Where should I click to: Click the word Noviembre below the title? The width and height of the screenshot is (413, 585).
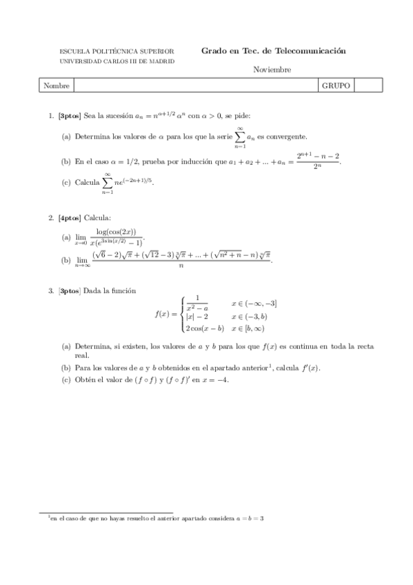point(272,70)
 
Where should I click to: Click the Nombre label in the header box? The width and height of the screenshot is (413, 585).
point(56,86)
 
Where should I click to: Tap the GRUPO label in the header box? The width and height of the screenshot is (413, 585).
point(336,86)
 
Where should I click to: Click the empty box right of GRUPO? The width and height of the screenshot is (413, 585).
point(367,86)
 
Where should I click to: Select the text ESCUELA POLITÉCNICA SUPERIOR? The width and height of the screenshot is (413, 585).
point(117,52)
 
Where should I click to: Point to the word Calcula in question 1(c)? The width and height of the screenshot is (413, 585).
point(87,183)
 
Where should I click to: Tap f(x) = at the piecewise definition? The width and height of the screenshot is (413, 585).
point(165,314)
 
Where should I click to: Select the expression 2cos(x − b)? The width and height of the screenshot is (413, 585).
point(205,328)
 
